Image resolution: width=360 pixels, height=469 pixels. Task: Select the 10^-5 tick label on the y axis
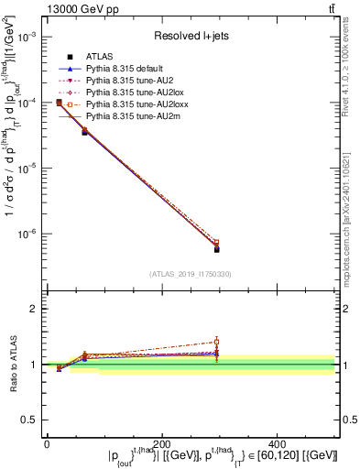coord(28,169)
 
